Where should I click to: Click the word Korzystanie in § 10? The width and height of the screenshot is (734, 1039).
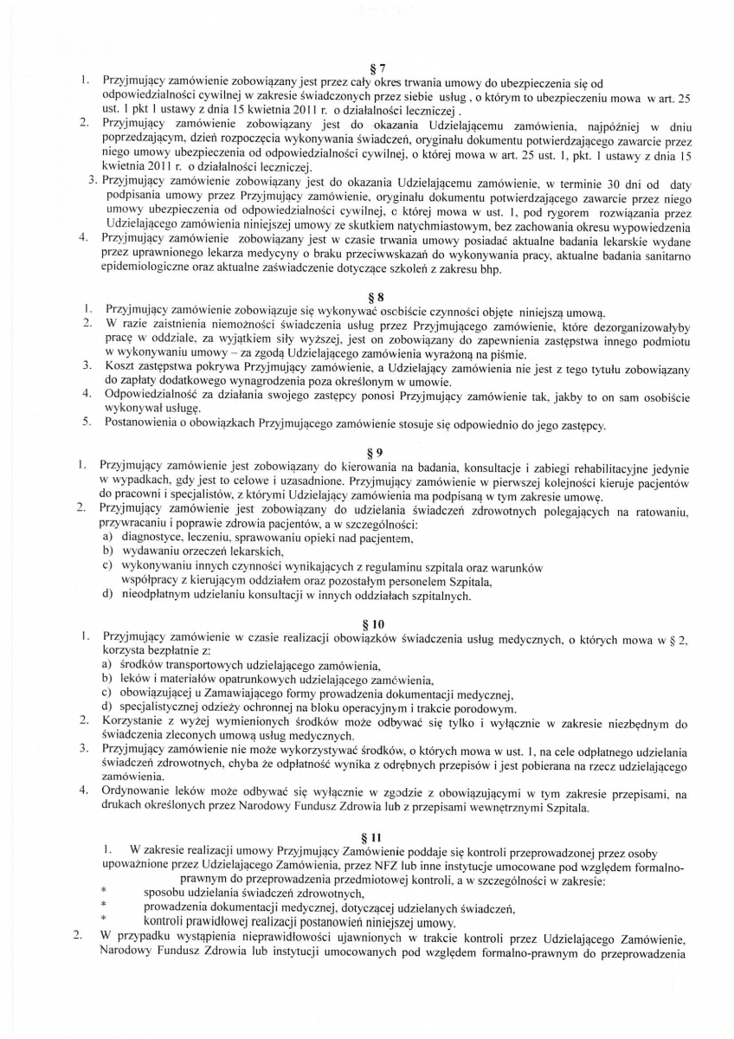coord(137,721)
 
